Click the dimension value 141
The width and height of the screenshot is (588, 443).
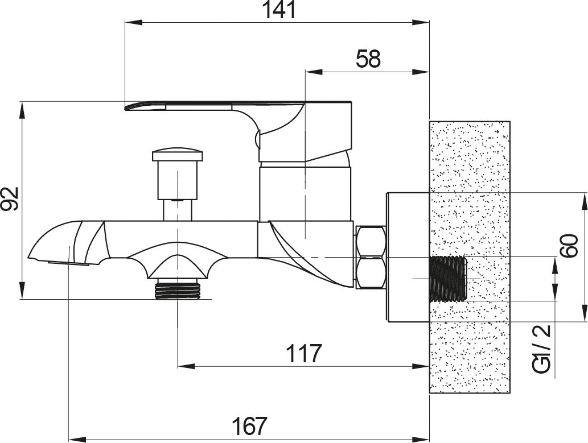(x=279, y=10)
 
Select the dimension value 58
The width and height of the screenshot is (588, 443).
(x=368, y=59)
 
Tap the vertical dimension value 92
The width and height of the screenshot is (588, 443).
(x=10, y=198)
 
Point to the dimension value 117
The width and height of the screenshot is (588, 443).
(x=304, y=353)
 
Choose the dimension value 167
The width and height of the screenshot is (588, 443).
(x=249, y=426)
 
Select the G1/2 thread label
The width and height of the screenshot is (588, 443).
(x=541, y=349)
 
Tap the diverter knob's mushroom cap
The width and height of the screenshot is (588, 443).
(x=178, y=155)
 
